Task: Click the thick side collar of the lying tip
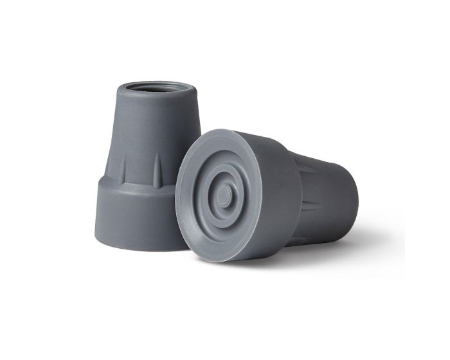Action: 283,193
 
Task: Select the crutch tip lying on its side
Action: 270,193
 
